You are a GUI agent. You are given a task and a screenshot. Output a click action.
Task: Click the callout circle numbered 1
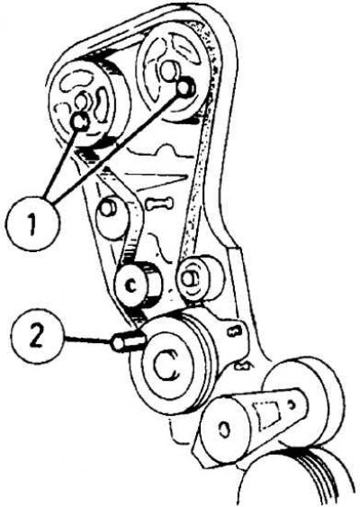[33, 222]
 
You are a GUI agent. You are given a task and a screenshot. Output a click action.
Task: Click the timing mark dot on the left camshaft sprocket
[79, 122]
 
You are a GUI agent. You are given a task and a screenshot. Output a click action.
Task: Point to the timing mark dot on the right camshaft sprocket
[185, 87]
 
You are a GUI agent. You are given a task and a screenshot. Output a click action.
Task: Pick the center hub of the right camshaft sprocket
[168, 69]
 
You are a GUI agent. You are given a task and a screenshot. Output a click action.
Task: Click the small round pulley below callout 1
[110, 214]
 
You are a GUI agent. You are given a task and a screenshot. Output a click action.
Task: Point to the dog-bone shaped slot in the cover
[158, 204]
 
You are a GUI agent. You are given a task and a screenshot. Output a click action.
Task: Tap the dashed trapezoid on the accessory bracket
[267, 412]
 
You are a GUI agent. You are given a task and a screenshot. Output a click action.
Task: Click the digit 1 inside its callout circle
[32, 223]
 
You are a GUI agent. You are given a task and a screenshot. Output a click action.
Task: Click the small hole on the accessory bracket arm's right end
[292, 404]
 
